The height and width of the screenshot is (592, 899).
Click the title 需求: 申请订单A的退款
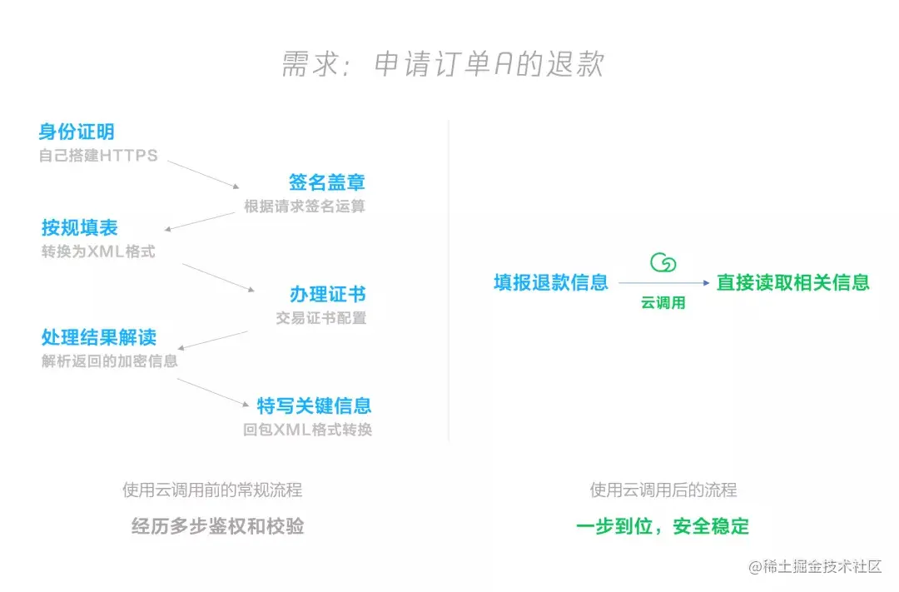[442, 65]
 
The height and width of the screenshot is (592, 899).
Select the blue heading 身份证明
[77, 132]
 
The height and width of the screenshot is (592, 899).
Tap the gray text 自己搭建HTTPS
[98, 156]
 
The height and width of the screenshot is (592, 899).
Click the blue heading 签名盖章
[327, 183]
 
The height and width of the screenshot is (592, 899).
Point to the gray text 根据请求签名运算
[305, 206]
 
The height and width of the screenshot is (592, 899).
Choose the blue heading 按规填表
[80, 228]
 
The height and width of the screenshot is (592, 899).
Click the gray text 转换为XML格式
[98, 251]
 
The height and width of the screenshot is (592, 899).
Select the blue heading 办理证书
[327, 295]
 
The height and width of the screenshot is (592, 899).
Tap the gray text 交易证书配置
[320, 318]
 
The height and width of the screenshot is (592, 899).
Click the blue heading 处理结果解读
[99, 338]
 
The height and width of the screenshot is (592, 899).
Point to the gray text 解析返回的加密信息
[109, 361]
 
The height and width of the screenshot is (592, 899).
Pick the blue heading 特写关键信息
[314, 406]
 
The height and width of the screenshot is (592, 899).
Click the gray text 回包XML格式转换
[307, 430]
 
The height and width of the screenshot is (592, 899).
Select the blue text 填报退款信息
[551, 282]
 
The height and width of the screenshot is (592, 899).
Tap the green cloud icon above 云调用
[663, 263]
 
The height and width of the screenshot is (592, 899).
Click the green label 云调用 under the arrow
[663, 304]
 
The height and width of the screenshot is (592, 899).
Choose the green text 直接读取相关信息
[792, 282]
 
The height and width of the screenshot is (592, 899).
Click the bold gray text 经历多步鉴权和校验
[218, 526]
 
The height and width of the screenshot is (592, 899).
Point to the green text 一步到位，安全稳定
[663, 526]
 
